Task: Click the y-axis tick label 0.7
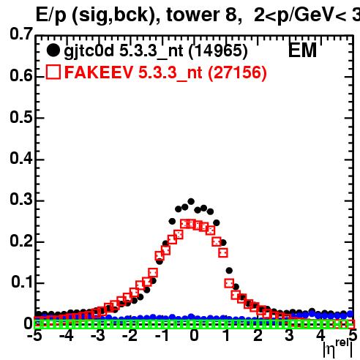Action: pyautogui.click(x=21, y=34)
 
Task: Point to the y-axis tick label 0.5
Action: pyautogui.click(x=21, y=117)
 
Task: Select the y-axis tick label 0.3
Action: pyautogui.click(x=21, y=199)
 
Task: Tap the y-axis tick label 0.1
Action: pyautogui.click(x=22, y=282)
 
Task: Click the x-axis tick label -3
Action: pyautogui.click(x=98, y=335)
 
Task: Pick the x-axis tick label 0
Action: pyautogui.click(x=194, y=335)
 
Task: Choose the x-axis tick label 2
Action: pyautogui.click(x=258, y=335)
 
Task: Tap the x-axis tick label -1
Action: pyautogui.click(x=162, y=335)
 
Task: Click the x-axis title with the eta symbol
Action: pyautogui.click(x=338, y=348)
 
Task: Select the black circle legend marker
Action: pyautogui.click(x=53, y=50)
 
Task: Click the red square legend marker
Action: pyautogui.click(x=53, y=72)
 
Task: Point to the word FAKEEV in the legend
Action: pyautogui.click(x=99, y=72)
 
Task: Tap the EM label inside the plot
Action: pyautogui.click(x=302, y=50)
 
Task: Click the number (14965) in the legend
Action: pyautogui.click(x=218, y=50)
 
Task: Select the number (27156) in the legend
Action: pyautogui.click(x=237, y=72)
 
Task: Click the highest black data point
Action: pyautogui.click(x=191, y=201)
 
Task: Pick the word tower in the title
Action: pyautogui.click(x=193, y=15)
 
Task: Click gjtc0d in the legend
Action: pyautogui.click(x=89, y=51)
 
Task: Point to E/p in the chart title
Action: pyautogui.click(x=50, y=15)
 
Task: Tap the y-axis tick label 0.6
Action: pyautogui.click(x=21, y=75)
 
